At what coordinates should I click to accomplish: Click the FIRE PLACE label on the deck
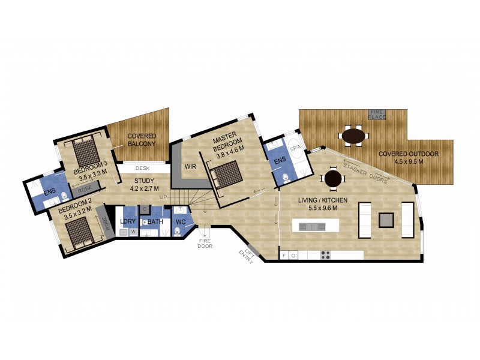[377, 115]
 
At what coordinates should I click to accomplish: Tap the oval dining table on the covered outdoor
[353, 136]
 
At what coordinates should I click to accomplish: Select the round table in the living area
[333, 179]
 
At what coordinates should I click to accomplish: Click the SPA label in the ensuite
[295, 148]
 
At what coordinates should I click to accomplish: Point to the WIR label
[190, 167]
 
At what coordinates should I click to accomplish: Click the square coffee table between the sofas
[386, 220]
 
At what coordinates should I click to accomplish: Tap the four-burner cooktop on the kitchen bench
[325, 255]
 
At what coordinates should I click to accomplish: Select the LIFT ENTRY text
[247, 256]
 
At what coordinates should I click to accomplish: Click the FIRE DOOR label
[205, 244]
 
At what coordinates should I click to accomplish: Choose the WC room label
[181, 222]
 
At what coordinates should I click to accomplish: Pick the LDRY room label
[128, 221]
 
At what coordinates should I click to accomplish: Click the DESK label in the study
[142, 168]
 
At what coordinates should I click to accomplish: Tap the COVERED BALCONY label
[142, 140]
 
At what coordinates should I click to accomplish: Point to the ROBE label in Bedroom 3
[85, 189]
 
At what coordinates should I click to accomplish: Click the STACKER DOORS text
[365, 173]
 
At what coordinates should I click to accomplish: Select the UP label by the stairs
[163, 197]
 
